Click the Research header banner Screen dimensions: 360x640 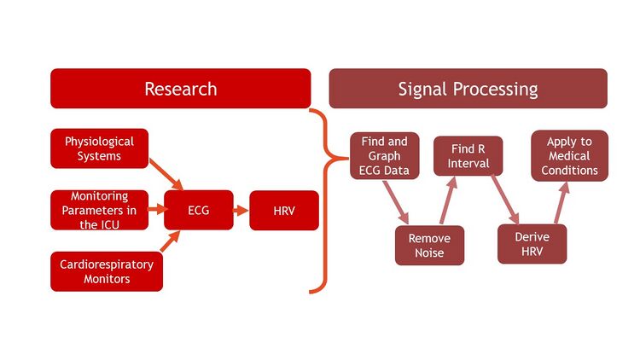click(x=180, y=89)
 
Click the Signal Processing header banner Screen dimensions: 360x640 click(x=468, y=89)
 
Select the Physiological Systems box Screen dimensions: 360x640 click(x=99, y=148)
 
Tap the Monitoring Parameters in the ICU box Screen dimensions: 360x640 click(x=99, y=210)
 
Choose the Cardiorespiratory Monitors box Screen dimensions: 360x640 click(x=107, y=271)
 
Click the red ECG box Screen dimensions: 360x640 click(x=199, y=210)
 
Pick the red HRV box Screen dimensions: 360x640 click(x=284, y=210)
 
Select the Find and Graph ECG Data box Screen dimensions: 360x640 click(x=384, y=155)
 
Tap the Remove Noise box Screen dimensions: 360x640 click(x=429, y=246)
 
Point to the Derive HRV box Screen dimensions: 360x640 click(x=532, y=244)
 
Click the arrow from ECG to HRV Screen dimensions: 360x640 click(x=241, y=210)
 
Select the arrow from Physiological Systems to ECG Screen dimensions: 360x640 click(x=166, y=174)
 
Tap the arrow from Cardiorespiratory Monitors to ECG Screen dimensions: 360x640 click(x=171, y=247)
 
